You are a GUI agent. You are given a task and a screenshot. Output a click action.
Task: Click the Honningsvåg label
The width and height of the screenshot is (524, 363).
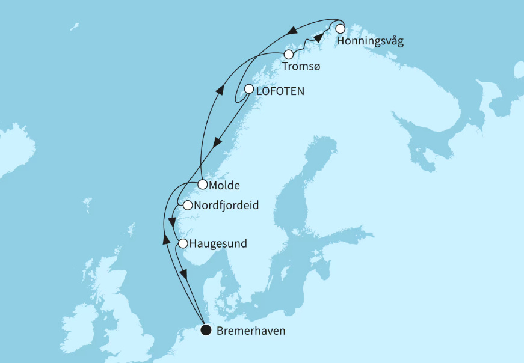coord(370,41)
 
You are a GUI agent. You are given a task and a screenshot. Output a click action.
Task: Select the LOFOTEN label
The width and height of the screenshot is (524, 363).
coord(280,91)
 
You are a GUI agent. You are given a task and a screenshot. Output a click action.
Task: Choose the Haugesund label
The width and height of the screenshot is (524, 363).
coord(217,244)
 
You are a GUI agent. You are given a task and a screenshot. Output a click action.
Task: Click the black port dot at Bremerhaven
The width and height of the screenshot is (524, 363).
coord(206,329)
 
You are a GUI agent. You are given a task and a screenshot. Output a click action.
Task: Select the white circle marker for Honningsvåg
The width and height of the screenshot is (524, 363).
coord(340,28)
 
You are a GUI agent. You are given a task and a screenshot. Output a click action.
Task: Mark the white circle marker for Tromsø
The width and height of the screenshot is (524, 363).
coord(289,55)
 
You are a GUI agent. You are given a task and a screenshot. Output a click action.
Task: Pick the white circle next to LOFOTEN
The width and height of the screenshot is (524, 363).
coord(248,89)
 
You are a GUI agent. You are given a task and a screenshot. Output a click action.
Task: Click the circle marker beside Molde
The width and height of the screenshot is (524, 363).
coord(203,184)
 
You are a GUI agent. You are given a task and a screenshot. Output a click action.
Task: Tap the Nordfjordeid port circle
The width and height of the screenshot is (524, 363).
coord(187,206)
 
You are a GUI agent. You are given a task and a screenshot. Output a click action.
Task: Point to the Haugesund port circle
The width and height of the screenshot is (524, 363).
coord(182,243)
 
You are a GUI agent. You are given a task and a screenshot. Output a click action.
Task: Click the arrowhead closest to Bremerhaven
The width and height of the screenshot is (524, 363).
coord(185,275)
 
